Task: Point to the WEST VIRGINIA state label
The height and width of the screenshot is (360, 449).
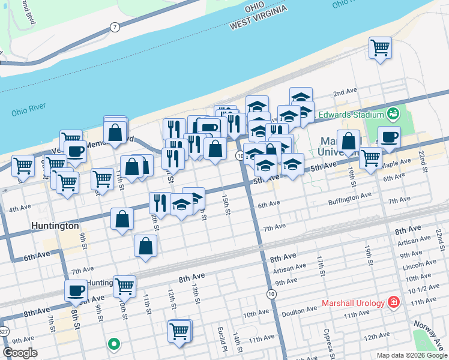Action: click(257, 23)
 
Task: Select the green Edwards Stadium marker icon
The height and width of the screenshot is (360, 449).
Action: click(394, 113)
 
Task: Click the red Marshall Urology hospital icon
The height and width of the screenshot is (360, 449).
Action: click(394, 302)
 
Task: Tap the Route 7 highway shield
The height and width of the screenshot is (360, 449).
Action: click(114, 27)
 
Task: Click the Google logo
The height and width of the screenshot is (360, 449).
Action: click(19, 353)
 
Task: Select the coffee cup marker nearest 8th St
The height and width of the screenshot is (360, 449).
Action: click(76, 290)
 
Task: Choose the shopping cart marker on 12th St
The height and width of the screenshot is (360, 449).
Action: click(180, 331)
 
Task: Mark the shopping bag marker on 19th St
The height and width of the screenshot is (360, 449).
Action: click(349, 142)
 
